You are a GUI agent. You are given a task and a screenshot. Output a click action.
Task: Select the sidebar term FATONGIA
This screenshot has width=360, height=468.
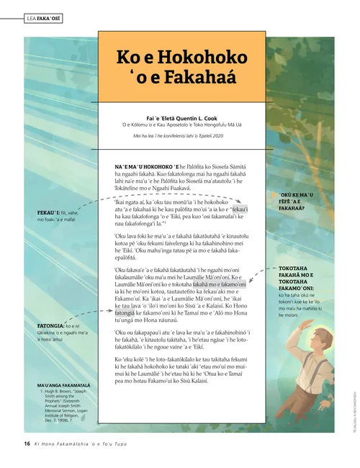click(x=52, y=326)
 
